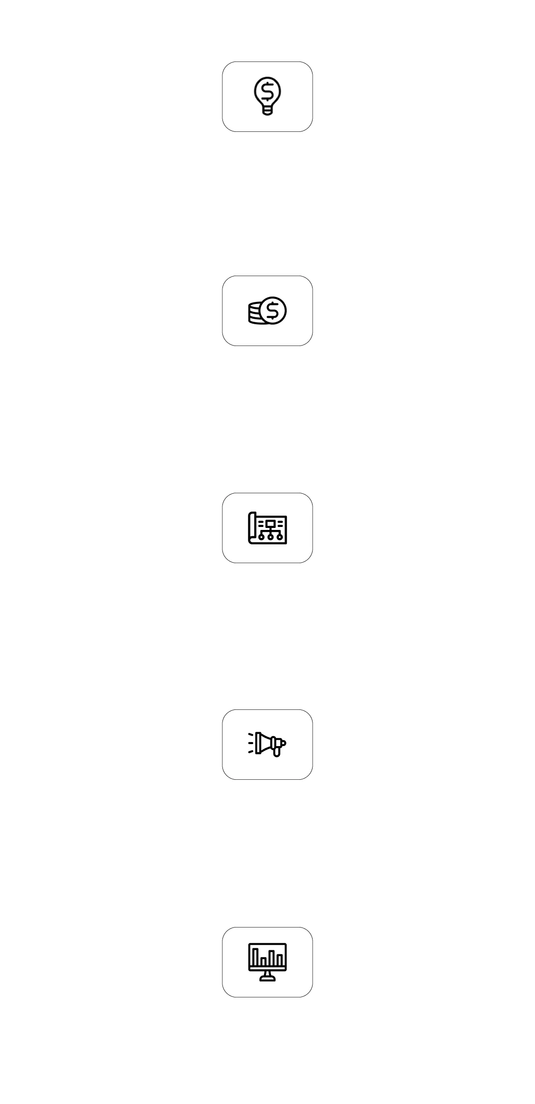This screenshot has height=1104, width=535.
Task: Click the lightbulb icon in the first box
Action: click(267, 96)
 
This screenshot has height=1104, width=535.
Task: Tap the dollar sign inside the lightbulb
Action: click(267, 91)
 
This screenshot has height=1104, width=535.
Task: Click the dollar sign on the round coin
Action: click(272, 310)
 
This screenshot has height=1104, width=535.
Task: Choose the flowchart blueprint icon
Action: click(267, 527)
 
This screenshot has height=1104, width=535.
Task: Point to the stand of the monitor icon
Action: click(267, 976)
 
